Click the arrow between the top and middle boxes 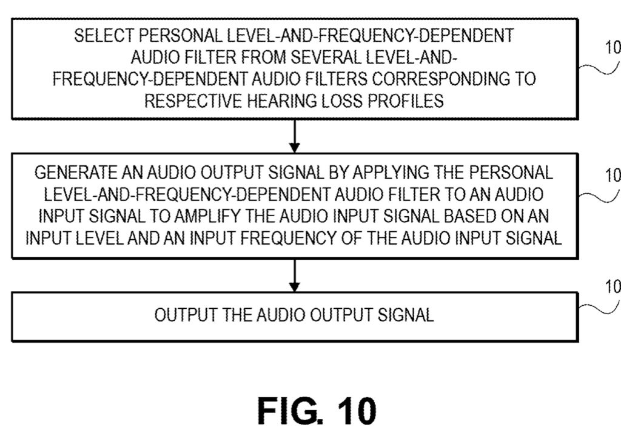295,136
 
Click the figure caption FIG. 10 317,411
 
